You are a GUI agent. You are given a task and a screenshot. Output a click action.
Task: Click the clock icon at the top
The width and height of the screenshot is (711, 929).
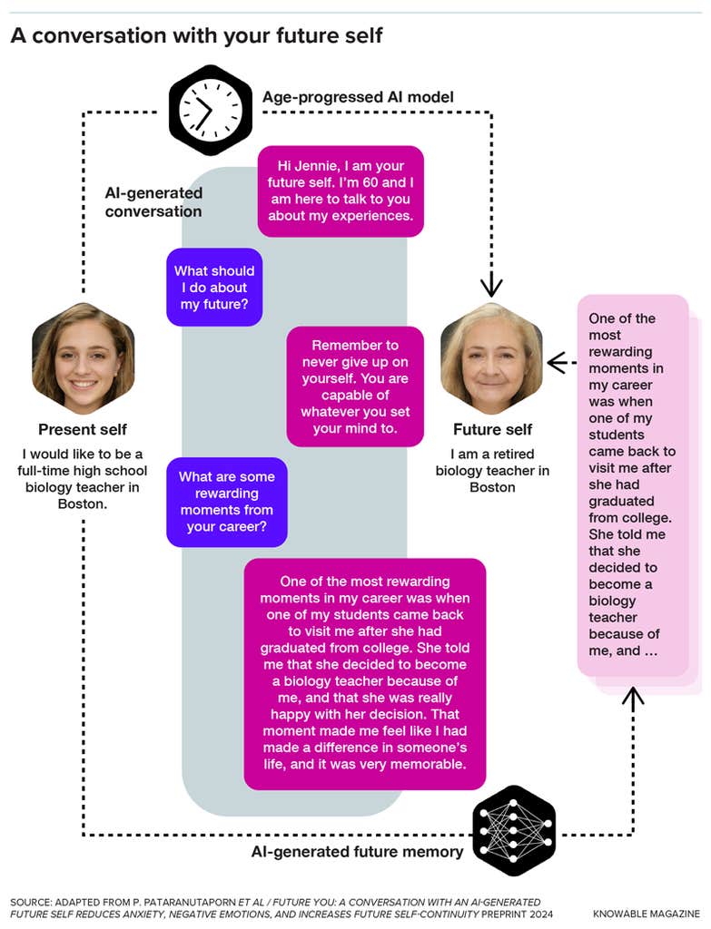click(x=211, y=111)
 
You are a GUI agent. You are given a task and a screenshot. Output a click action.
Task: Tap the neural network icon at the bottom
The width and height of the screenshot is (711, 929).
click(x=514, y=830)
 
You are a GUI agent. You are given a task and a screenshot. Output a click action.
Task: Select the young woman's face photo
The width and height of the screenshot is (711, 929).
click(x=84, y=357)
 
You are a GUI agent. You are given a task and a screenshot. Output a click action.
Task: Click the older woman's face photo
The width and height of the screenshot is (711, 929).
click(x=491, y=357)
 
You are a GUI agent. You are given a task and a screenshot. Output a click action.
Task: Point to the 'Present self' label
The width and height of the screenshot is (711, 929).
click(x=83, y=429)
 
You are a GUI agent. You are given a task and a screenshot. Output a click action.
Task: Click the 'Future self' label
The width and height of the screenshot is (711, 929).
click(x=492, y=429)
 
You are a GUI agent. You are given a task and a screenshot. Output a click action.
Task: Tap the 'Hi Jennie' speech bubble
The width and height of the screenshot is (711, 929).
click(x=341, y=191)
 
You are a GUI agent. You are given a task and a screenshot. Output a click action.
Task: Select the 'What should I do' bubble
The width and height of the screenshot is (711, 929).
click(x=214, y=288)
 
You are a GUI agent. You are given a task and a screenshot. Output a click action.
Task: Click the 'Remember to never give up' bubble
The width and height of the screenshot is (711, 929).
click(x=355, y=386)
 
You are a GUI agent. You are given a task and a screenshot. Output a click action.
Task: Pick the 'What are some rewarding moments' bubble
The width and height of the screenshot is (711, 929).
click(x=227, y=502)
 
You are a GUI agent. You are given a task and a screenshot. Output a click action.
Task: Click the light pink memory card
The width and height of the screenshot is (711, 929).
click(x=633, y=485)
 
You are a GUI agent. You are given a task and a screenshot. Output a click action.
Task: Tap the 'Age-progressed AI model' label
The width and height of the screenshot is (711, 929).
click(x=358, y=97)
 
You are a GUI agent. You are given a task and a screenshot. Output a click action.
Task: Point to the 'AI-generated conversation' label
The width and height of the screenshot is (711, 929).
click(x=153, y=201)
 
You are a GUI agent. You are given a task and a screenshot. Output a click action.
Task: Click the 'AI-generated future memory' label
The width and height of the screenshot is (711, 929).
click(x=357, y=852)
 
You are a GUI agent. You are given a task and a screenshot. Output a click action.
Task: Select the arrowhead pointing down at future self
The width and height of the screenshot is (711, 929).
click(x=491, y=285)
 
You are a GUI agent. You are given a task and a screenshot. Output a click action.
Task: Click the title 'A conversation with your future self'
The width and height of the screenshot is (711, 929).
click(x=196, y=35)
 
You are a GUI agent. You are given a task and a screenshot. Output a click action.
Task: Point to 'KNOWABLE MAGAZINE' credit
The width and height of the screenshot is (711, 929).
click(x=647, y=914)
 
